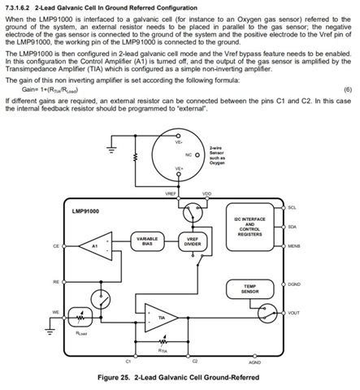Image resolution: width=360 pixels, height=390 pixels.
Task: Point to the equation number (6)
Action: (x=347, y=89)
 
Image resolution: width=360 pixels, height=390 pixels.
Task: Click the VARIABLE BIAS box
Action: (x=147, y=240)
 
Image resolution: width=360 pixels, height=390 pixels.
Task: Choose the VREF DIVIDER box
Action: (x=193, y=240)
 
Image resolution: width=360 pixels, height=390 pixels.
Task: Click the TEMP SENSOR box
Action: (x=243, y=288)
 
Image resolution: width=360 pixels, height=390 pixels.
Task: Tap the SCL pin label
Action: (x=293, y=208)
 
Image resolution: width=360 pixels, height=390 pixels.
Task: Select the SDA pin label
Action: (x=293, y=227)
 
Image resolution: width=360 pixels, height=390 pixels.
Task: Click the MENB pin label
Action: (x=294, y=245)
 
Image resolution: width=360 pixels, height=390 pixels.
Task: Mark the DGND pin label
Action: (x=294, y=284)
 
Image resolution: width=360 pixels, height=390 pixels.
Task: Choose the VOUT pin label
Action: (x=294, y=312)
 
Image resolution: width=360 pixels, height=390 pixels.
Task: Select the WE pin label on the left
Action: (x=56, y=310)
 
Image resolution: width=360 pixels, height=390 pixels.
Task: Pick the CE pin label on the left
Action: (x=56, y=245)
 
